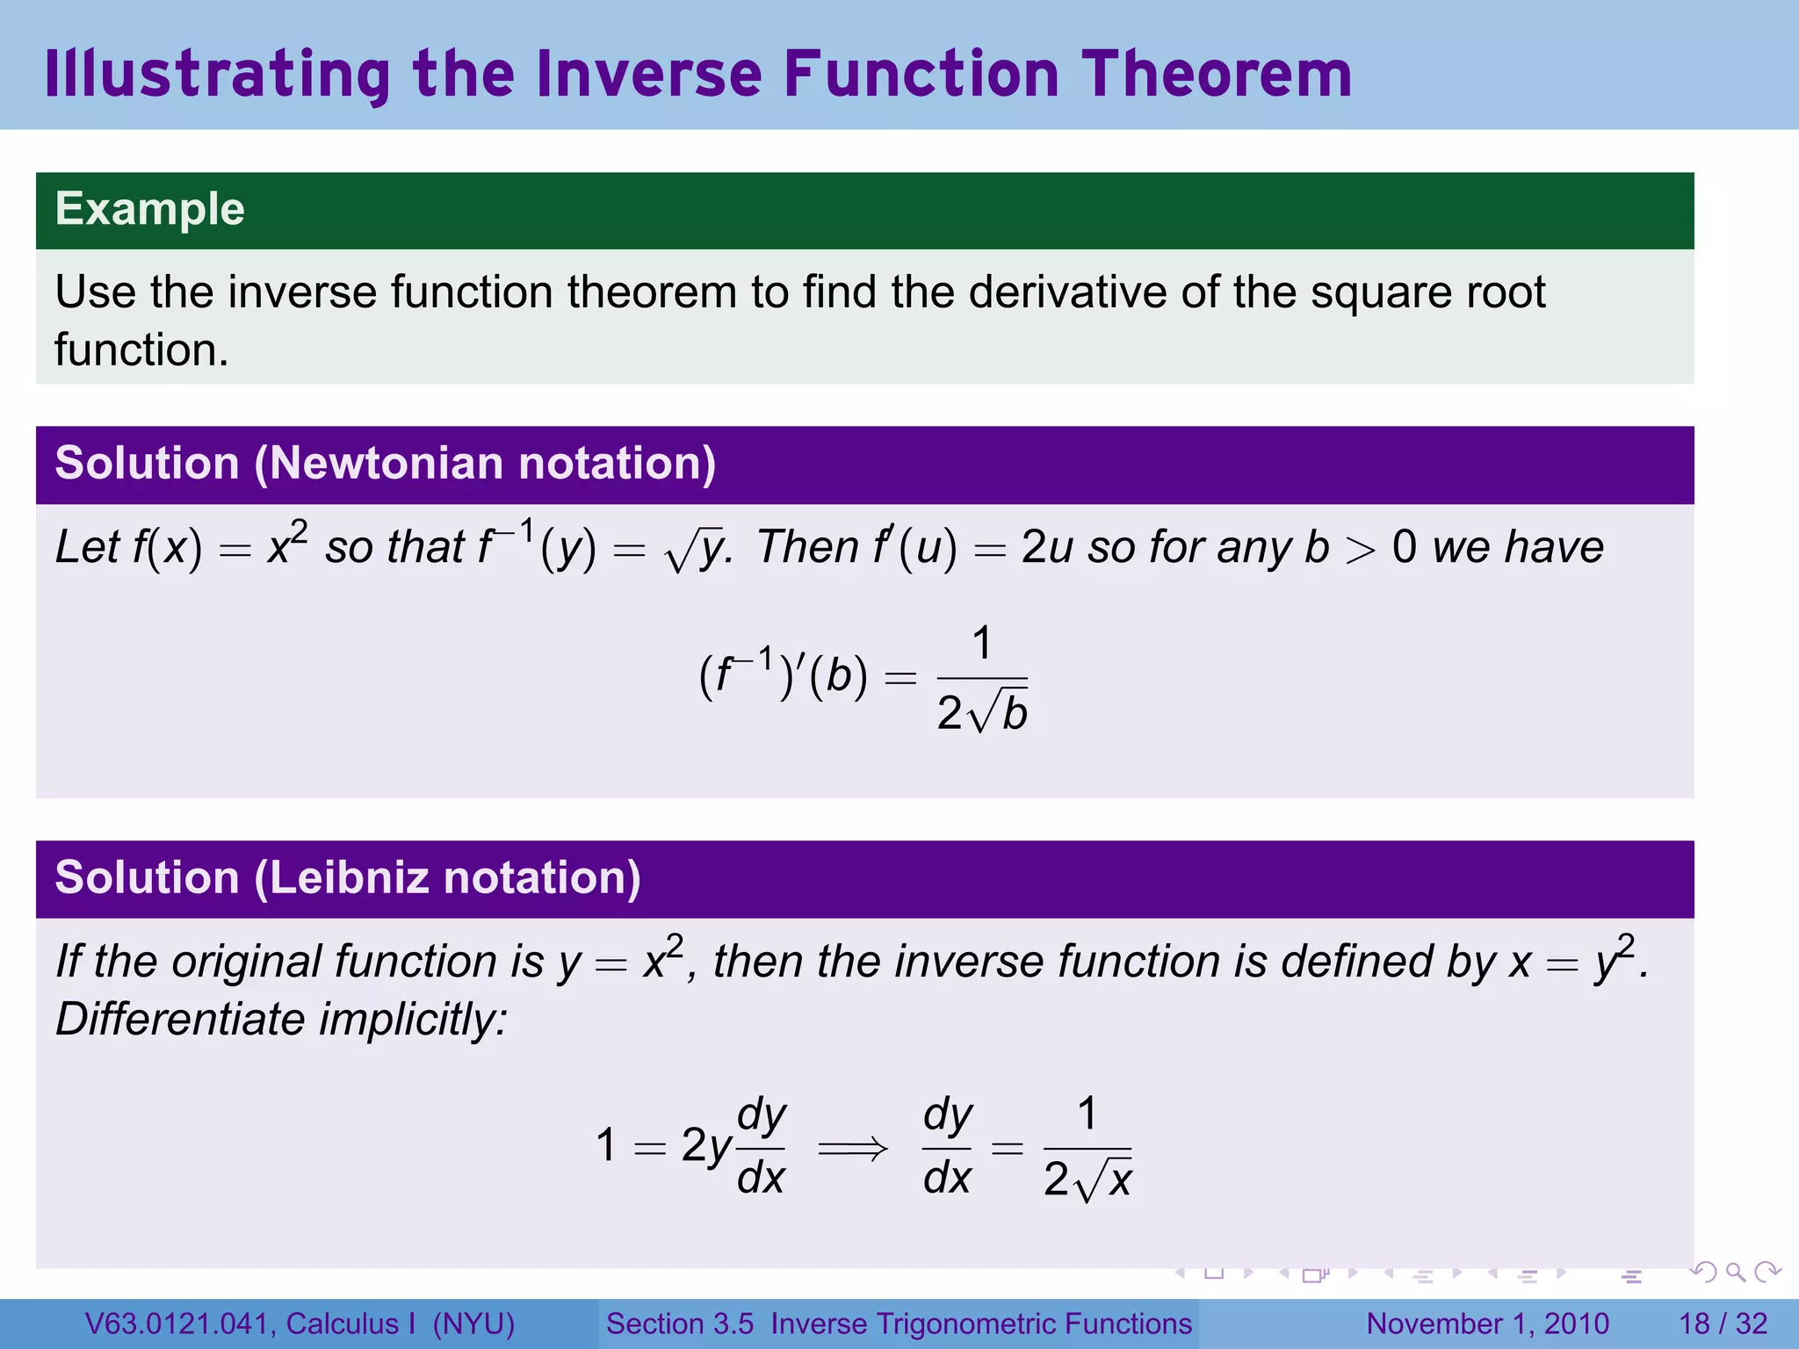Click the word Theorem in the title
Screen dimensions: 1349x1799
pos(1217,74)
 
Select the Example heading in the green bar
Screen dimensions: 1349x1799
pos(149,209)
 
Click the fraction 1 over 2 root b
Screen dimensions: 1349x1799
pos(982,678)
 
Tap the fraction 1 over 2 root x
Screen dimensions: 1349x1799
pos(1087,1148)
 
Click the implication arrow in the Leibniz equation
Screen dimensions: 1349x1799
pos(853,1148)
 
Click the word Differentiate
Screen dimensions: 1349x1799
pos(180,1020)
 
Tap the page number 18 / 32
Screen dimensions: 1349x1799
pos(1723,1324)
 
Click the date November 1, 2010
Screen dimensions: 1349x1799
pos(1487,1324)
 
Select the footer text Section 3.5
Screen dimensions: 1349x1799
pos(679,1324)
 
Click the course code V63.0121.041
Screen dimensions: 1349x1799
pos(180,1324)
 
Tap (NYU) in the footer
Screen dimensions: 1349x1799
pos(473,1324)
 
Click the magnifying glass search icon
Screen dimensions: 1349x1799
pos(1735,1272)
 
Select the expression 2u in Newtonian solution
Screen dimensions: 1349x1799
pos(1047,548)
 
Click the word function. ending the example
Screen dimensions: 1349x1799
pos(141,350)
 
